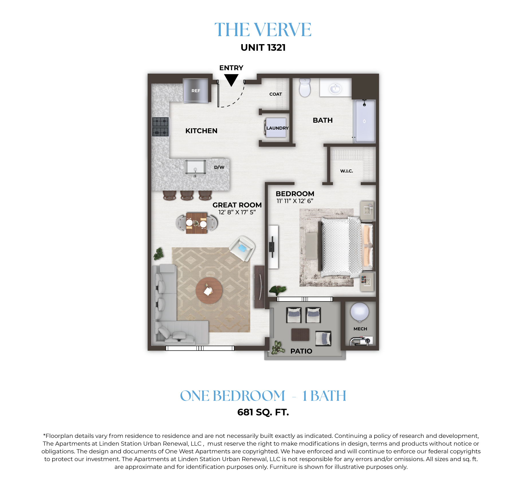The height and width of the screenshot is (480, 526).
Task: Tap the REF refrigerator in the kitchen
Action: [196, 91]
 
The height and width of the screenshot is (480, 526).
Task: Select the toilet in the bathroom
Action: [305, 88]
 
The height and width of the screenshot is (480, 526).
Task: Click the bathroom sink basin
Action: [335, 88]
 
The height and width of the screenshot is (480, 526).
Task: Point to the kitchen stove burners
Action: [160, 127]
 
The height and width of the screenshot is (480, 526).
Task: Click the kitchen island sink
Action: [196, 167]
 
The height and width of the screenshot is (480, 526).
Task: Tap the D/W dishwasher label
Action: [219, 167]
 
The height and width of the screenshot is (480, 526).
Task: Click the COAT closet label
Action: [275, 94]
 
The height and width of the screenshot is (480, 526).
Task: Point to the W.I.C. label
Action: [346, 171]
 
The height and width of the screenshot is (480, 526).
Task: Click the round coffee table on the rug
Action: [209, 290]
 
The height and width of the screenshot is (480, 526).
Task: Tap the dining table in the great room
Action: [196, 223]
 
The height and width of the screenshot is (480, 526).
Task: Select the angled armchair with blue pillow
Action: [242, 248]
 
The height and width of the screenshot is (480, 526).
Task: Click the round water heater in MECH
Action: [360, 312]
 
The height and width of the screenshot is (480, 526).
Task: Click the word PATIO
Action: [301, 351]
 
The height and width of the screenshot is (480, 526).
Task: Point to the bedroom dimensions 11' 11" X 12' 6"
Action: [295, 201]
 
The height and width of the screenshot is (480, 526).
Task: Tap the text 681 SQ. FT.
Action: [263, 412]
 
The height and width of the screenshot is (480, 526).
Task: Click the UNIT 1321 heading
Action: [263, 48]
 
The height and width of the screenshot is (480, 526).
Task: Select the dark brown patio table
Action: [300, 334]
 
